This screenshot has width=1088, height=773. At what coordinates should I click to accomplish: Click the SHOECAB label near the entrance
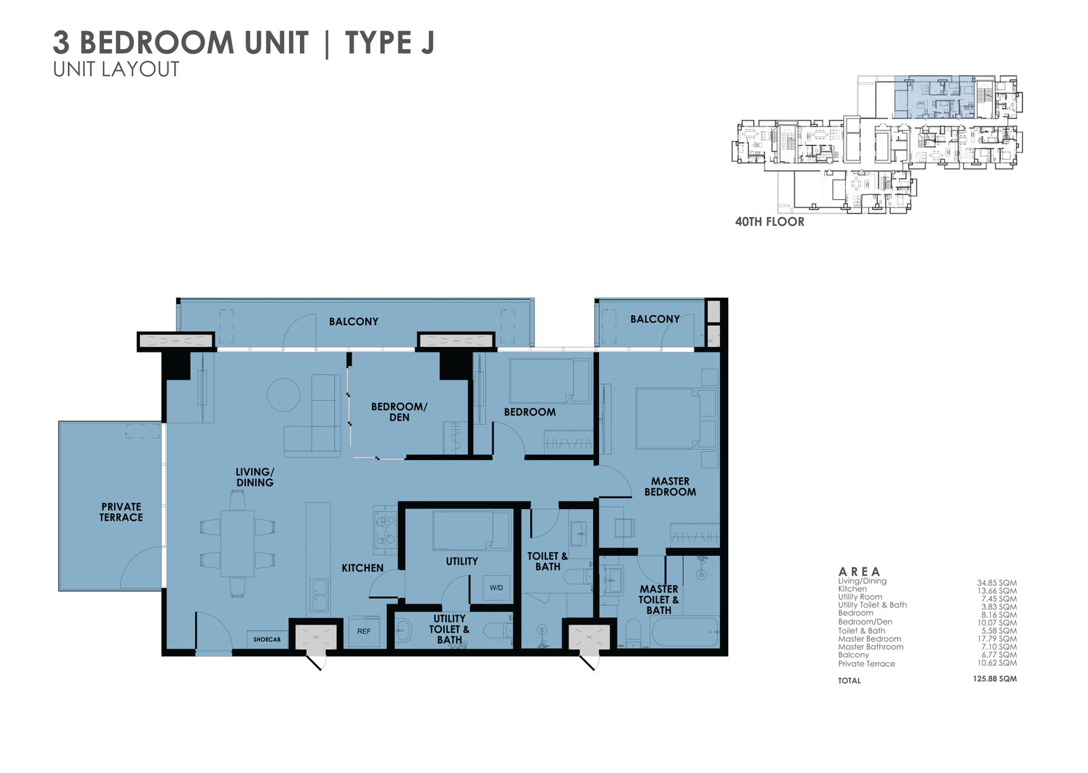tap(267, 640)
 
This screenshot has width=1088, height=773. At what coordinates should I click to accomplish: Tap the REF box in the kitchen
tap(364, 631)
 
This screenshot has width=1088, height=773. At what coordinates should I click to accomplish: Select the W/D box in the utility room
tap(496, 588)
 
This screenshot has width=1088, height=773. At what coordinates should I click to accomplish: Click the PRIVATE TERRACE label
tap(121, 512)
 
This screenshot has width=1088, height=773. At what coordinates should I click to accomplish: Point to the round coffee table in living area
tap(283, 395)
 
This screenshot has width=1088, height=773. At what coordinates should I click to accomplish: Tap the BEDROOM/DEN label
tap(399, 412)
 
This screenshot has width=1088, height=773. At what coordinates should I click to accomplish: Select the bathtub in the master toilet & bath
tap(684, 632)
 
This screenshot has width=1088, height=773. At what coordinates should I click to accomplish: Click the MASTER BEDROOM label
tap(670, 487)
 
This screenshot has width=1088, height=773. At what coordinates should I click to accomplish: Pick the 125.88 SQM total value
tap(995, 679)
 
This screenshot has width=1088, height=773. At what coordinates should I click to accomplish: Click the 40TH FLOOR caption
tap(769, 222)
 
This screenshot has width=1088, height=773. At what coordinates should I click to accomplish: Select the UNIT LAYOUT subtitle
tap(116, 69)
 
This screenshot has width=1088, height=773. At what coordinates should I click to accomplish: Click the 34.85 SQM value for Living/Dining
tap(996, 583)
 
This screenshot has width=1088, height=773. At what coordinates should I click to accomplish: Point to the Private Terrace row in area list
tap(866, 664)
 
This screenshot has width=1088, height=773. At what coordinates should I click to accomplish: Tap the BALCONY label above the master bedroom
tap(654, 319)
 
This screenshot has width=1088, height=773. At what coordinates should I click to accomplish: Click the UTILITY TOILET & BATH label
tap(449, 629)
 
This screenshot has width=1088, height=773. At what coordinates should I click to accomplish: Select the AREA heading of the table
tap(859, 572)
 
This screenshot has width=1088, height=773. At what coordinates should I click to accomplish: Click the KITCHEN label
tap(362, 568)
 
